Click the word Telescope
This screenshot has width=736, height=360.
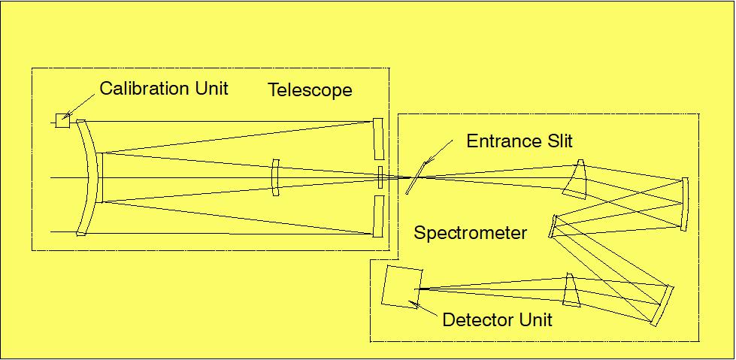(310, 91)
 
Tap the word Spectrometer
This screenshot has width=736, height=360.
(471, 233)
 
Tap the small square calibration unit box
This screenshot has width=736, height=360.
(62, 120)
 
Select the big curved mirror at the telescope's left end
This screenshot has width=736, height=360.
(89, 177)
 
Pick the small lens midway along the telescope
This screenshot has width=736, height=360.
(276, 177)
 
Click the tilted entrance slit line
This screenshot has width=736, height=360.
(413, 180)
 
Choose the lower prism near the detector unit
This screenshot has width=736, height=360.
(573, 290)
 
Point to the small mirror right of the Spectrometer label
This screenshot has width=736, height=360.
(554, 225)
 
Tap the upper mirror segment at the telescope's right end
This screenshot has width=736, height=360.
(377, 140)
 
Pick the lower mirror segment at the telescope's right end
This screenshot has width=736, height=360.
(377, 216)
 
